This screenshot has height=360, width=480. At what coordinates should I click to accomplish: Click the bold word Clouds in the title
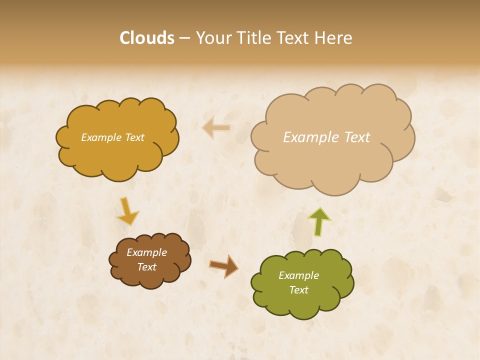(x=147, y=38)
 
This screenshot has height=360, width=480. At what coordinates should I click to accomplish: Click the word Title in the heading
(x=253, y=38)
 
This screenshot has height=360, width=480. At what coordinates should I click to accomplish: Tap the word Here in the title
(x=334, y=38)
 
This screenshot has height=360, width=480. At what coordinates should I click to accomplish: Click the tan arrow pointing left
(x=216, y=128)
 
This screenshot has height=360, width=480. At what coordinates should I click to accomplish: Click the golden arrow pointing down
(x=127, y=211)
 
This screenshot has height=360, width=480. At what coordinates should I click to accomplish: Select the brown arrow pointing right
(x=223, y=265)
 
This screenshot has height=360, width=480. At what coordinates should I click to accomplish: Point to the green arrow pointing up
(x=319, y=222)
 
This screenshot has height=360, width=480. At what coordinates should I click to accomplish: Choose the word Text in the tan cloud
(x=357, y=137)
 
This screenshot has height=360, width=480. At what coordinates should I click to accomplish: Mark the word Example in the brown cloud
(x=146, y=252)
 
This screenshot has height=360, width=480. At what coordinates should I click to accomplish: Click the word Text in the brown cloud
(x=147, y=267)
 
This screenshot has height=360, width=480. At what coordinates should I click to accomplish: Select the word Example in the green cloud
(x=298, y=275)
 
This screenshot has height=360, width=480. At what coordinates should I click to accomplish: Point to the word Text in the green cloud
(x=299, y=290)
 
